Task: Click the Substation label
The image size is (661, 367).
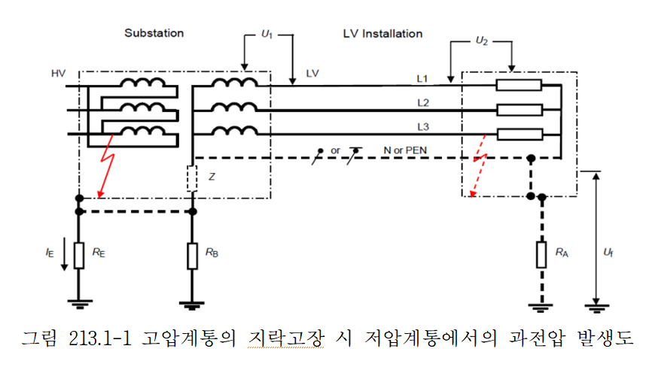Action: pyautogui.click(x=154, y=34)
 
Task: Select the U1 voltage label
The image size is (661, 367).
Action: pyautogui.click(x=266, y=35)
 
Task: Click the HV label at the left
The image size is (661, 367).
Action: pyautogui.click(x=58, y=74)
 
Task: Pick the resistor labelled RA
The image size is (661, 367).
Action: pyautogui.click(x=541, y=254)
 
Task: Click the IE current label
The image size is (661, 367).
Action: pyautogui.click(x=50, y=253)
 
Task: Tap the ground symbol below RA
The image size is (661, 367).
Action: pyautogui.click(x=541, y=305)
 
